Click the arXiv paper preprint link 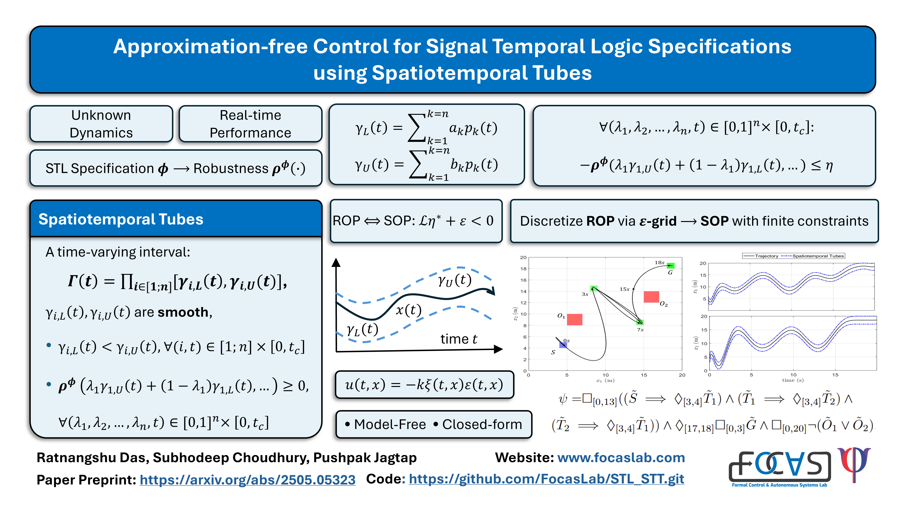pos(247,479)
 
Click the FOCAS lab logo pos(779,467)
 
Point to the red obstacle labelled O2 pos(651,297)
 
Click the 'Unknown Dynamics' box pos(101,124)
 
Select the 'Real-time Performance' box pos(250,124)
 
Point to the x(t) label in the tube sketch pos(408,310)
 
